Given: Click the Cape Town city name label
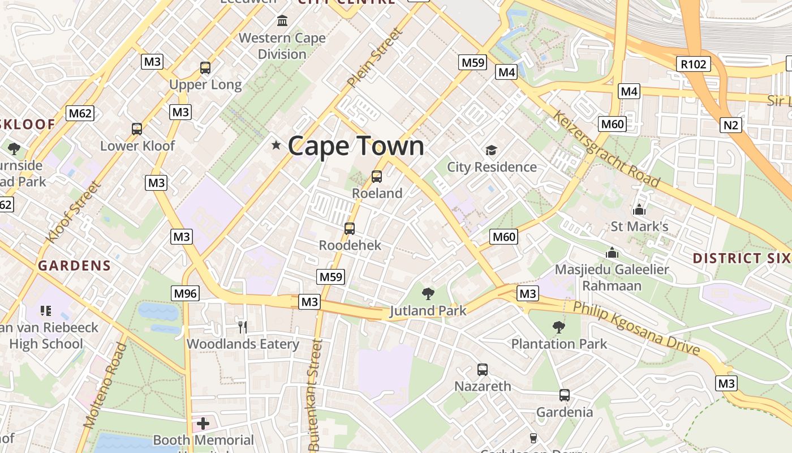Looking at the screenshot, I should tap(356, 146).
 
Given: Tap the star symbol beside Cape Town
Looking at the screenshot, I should tap(276, 146).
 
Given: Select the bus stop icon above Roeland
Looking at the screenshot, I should tap(377, 177).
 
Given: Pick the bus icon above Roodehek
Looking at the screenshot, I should tap(350, 229).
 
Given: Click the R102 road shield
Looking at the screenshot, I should tap(694, 64).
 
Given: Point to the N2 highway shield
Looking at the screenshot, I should tap(730, 125).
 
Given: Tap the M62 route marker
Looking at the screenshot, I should tap(80, 113).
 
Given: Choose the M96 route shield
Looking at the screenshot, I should tap(186, 293).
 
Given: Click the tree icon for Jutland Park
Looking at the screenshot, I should tap(428, 294).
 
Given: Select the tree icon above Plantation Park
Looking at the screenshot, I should tap(559, 327).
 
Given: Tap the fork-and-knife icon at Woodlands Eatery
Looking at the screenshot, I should tap(243, 327).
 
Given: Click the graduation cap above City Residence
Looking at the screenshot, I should tap(491, 151).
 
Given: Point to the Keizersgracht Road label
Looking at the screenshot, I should tap(606, 148).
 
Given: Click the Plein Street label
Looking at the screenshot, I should tap(376, 57).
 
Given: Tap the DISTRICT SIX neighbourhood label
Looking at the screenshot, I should tap(742, 258).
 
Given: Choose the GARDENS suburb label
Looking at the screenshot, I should tap(74, 266).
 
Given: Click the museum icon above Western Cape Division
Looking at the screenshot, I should tap(282, 22).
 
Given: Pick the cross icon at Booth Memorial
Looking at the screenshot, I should tap(203, 423).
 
